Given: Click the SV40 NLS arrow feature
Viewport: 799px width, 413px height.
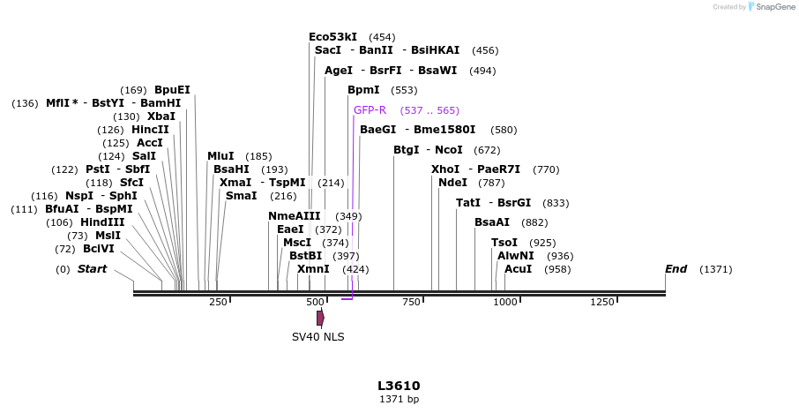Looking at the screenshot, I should click(x=320, y=317).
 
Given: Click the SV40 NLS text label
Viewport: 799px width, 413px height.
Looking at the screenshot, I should click(x=318, y=337).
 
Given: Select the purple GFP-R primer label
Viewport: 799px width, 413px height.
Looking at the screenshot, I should click(x=370, y=110).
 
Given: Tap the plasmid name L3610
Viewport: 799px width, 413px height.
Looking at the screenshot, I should click(x=399, y=386).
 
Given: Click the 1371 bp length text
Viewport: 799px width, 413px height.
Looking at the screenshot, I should click(x=399, y=400).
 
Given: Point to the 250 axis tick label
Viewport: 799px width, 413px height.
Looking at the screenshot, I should click(x=218, y=303).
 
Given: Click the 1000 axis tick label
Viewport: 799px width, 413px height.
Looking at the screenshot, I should click(x=505, y=303).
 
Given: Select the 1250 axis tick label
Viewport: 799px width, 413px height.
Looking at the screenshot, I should click(x=601, y=303).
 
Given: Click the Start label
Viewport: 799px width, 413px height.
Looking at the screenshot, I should click(x=92, y=269).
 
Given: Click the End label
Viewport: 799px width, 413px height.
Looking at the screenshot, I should click(x=676, y=269).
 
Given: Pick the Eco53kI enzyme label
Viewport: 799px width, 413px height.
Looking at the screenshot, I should click(x=332, y=37).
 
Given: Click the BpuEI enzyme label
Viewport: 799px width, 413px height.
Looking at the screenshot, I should click(x=172, y=90).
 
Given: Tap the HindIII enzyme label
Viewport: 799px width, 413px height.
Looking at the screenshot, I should click(x=102, y=222).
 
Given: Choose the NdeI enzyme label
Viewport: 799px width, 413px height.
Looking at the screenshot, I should click(x=452, y=183).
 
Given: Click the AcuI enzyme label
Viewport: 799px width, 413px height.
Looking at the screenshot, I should click(x=518, y=269).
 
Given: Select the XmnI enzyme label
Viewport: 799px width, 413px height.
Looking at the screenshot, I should click(x=313, y=269).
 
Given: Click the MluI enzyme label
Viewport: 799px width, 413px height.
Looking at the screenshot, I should click(x=220, y=156).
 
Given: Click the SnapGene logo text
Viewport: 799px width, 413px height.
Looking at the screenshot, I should click(x=772, y=7).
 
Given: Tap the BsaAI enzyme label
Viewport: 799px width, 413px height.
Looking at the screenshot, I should click(x=492, y=222).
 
